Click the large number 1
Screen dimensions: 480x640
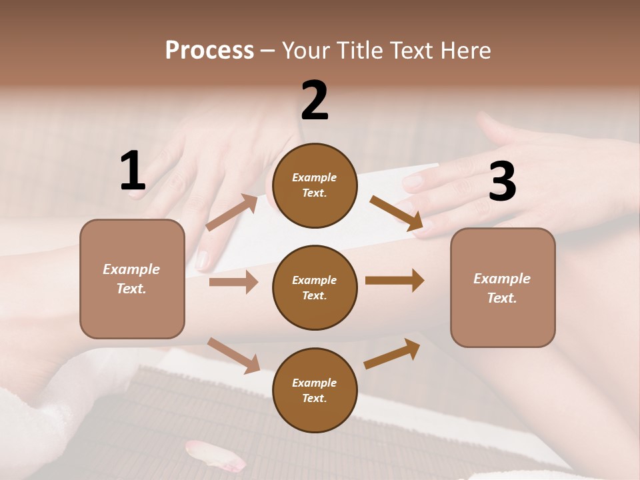(x=133, y=171)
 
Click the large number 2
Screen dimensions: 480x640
(x=315, y=101)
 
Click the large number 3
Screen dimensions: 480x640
(x=502, y=182)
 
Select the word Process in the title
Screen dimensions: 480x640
(x=209, y=50)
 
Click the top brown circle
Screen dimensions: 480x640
(x=315, y=185)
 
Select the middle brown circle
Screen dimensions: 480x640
(x=315, y=288)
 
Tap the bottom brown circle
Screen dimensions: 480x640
(x=315, y=391)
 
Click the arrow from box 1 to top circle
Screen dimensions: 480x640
(x=233, y=213)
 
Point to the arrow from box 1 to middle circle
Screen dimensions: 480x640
(x=233, y=282)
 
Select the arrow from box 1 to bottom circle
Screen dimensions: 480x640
(x=233, y=355)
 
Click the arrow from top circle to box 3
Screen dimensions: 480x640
(x=397, y=213)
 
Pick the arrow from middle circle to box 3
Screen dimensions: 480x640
(x=395, y=281)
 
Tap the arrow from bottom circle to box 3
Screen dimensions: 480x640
(x=392, y=353)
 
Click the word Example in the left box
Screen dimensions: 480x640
(x=131, y=269)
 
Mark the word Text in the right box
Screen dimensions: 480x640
(x=501, y=298)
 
